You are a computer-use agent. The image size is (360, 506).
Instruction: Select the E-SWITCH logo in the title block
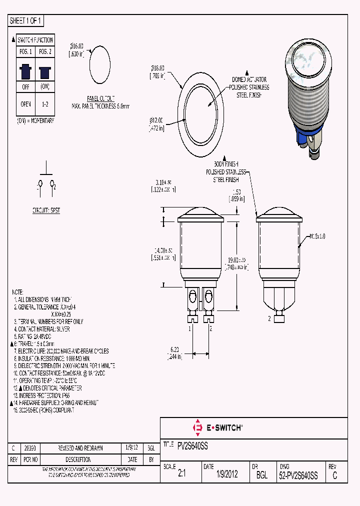click(218, 427)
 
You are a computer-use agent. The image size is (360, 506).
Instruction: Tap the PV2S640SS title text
click(192, 444)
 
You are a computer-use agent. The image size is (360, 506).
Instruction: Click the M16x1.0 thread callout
click(317, 236)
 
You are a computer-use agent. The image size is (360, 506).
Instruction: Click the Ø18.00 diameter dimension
click(157, 72)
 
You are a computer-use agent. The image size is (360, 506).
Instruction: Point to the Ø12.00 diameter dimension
click(156, 123)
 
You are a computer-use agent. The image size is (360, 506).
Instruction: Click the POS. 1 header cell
click(25, 52)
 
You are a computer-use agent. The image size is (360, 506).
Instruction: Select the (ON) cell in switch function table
click(44, 86)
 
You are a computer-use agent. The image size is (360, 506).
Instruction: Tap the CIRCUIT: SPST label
click(46, 210)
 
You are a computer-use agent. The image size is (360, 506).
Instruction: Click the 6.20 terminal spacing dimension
click(174, 352)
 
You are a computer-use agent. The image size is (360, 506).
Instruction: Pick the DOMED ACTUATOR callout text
click(249, 79)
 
